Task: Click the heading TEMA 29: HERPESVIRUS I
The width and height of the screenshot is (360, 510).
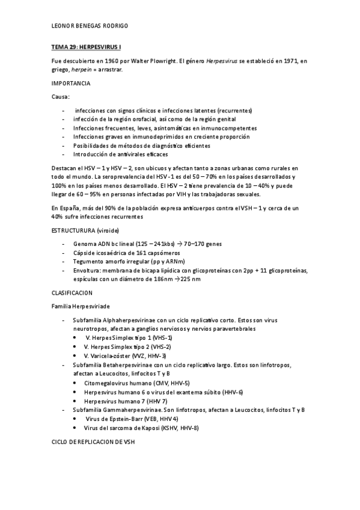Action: pos(88,46)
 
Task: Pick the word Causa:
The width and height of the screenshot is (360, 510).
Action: pos(61,96)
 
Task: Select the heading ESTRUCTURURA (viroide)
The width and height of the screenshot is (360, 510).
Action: pos(85,230)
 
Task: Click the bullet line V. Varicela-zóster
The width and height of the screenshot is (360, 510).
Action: pos(117,356)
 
